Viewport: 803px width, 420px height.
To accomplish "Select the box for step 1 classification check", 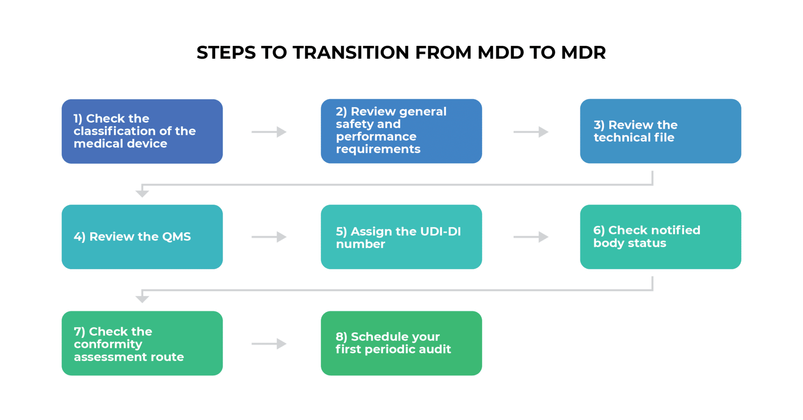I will (142, 131).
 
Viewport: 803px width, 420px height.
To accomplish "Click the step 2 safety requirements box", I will (401, 131).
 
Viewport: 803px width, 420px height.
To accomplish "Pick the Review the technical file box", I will (660, 131).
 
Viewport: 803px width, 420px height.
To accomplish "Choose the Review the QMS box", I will (142, 237).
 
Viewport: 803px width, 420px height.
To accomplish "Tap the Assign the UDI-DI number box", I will (401, 237).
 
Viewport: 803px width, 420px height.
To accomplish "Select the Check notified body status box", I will (660, 237).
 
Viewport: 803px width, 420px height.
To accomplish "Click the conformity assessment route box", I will (142, 343).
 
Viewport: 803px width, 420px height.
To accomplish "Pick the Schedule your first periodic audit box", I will (401, 343).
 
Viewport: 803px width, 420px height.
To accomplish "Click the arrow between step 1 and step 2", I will (269, 132).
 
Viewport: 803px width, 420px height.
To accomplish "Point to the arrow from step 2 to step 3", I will (531, 132).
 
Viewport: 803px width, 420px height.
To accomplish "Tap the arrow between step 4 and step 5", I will (269, 237).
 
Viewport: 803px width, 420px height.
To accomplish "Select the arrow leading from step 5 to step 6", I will (531, 237).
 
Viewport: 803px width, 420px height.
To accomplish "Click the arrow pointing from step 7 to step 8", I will (269, 344).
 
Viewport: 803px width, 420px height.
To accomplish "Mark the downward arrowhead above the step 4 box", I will (142, 193).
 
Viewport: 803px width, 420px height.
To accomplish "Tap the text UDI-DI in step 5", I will (440, 231).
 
